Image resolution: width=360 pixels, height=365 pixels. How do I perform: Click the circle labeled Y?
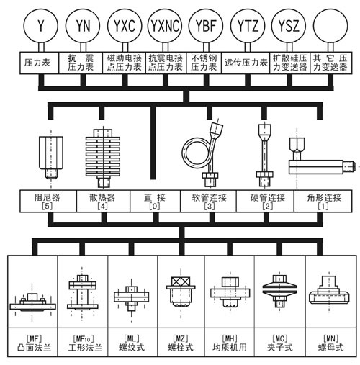(40, 27)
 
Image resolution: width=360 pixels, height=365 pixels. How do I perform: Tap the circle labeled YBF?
(205, 27)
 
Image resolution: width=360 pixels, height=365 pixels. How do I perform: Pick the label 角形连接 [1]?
(317, 201)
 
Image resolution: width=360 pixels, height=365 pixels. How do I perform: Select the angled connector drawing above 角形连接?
(317, 158)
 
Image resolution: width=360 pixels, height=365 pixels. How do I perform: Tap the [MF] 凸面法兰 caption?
(32, 341)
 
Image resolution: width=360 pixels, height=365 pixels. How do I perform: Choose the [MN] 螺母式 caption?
(328, 341)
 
